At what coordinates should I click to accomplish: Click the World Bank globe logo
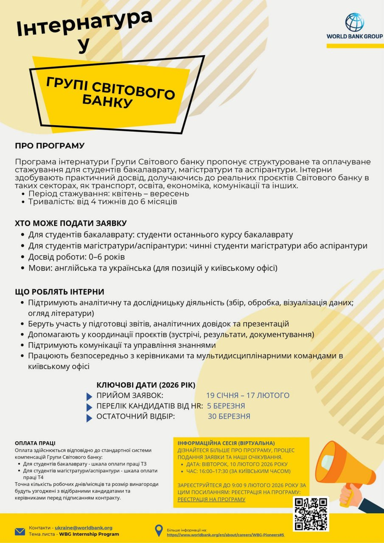pyautogui.click(x=354, y=22)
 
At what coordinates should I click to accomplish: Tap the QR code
pyautogui.click(x=311, y=514)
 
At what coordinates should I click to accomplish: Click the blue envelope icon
pyautogui.click(x=20, y=531)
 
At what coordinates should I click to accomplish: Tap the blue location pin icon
pyautogui.click(x=159, y=530)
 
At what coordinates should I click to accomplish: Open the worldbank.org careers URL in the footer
pyautogui.click(x=225, y=535)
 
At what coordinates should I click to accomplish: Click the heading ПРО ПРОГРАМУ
pyautogui.click(x=50, y=146)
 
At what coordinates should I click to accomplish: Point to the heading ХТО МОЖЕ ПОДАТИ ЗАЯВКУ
pyautogui.click(x=71, y=223)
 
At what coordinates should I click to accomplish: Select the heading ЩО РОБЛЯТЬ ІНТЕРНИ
pyautogui.click(x=59, y=292)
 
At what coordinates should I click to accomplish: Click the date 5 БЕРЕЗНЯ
pyautogui.click(x=226, y=406)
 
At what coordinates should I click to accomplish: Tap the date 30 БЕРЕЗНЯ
pyautogui.click(x=229, y=417)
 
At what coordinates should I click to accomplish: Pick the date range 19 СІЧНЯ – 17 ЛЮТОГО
pyautogui.click(x=248, y=395)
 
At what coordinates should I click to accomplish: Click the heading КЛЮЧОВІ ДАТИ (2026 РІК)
pyautogui.click(x=146, y=385)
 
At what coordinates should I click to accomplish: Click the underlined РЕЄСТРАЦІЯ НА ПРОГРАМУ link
pyautogui.click(x=211, y=499)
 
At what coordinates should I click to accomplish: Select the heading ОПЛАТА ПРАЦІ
pyautogui.click(x=35, y=443)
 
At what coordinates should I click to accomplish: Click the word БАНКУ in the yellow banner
pyautogui.click(x=107, y=101)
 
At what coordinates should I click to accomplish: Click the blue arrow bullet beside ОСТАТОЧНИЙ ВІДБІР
pyautogui.click(x=89, y=418)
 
